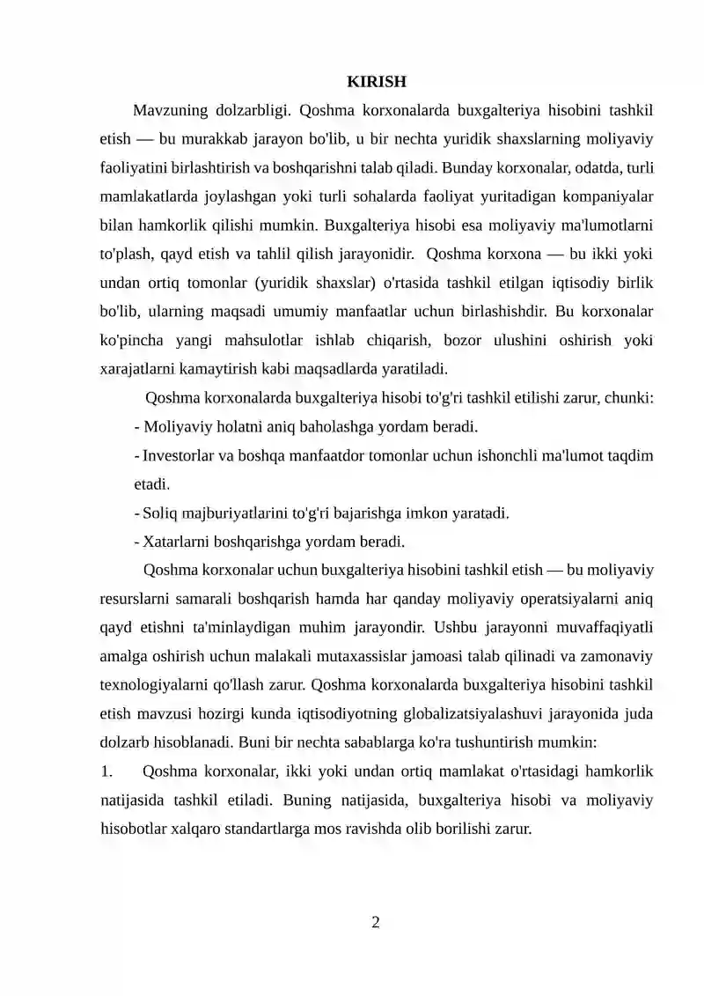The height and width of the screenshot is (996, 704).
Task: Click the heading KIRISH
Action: click(376, 83)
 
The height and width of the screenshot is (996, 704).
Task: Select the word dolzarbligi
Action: click(251, 111)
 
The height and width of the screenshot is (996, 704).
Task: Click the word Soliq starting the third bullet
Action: click(158, 513)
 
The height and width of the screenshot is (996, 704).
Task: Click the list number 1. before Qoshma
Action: click(106, 771)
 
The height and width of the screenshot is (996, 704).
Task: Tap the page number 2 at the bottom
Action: click(376, 922)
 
